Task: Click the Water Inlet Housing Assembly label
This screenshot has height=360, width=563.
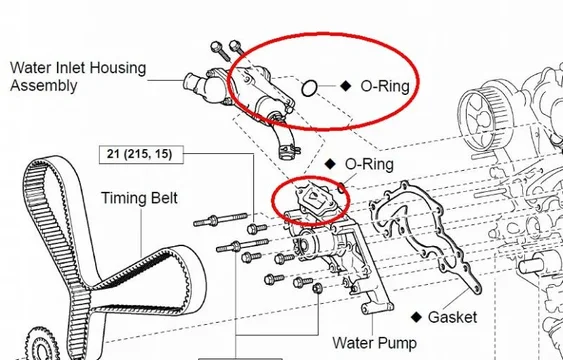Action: [x=77, y=77]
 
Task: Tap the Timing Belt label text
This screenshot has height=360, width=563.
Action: [x=139, y=198]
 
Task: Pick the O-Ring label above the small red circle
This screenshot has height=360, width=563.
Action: [x=370, y=163]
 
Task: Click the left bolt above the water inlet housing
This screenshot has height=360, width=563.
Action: [x=216, y=49]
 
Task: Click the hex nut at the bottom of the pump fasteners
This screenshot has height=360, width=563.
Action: [x=317, y=290]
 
